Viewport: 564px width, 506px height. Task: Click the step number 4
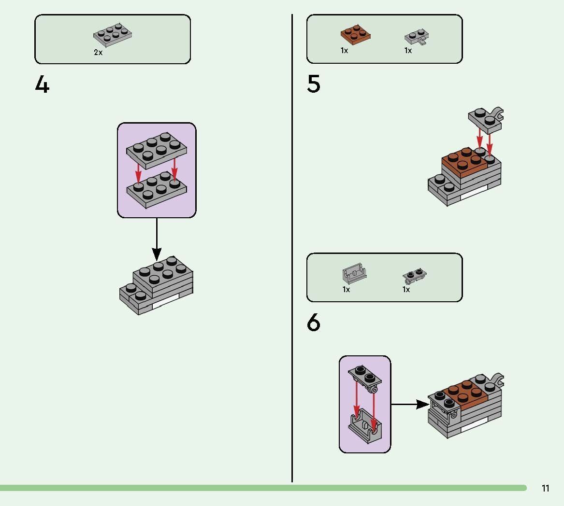point(43,85)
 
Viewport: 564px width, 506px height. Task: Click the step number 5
point(314,84)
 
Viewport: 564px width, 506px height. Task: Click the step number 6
point(314,323)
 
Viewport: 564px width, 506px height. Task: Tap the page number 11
point(545,488)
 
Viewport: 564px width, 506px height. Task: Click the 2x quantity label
point(98,53)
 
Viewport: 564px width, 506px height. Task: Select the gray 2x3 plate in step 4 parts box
point(113,36)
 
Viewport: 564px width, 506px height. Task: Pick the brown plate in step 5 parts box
point(356,35)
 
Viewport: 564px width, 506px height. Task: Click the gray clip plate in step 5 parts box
point(416,37)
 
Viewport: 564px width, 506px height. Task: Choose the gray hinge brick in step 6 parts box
point(354,274)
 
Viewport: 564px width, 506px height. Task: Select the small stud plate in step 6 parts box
point(414,276)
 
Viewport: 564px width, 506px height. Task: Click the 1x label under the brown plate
point(344,51)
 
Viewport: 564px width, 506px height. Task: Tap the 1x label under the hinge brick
point(346,290)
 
